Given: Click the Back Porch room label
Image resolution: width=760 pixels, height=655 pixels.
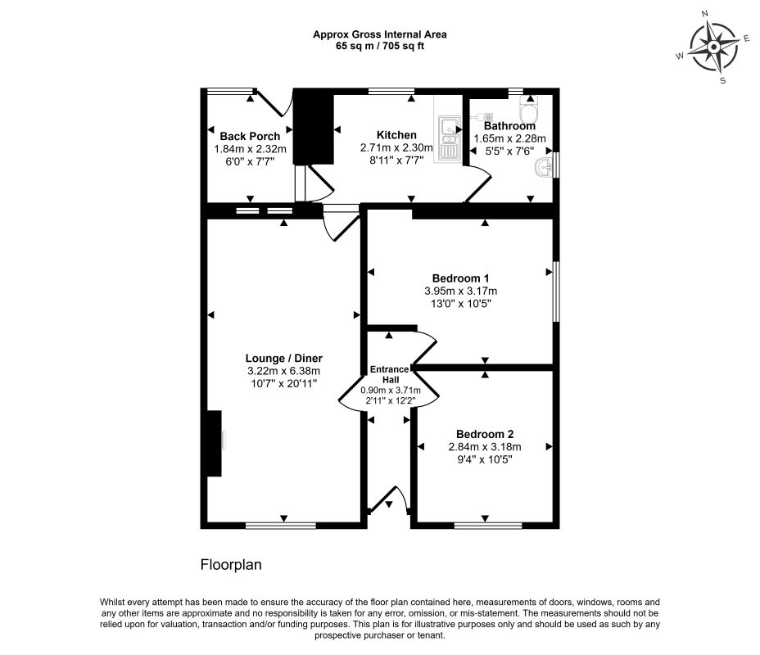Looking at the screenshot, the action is point(250,136).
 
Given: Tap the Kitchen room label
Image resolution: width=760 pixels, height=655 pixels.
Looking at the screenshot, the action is point(396,135).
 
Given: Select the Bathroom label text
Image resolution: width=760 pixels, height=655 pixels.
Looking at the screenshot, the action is point(509,126).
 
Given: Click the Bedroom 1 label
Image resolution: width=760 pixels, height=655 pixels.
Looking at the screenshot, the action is point(460,278).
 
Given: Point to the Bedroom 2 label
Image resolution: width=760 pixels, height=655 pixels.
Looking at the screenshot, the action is point(485,434).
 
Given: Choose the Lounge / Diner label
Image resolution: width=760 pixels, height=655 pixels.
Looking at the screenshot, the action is point(283,359).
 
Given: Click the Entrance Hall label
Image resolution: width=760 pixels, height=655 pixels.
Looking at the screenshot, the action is point(390,374).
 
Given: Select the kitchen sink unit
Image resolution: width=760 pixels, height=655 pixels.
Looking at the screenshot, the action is point(448,138).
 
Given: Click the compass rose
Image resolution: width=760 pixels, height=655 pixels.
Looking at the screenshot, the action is point(713,47).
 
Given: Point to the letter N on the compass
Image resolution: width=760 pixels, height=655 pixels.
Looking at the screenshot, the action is point(705,27).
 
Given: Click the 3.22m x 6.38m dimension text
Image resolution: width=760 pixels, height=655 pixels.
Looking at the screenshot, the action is point(283,371).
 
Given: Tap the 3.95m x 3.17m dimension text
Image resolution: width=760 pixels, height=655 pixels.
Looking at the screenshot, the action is point(460,291).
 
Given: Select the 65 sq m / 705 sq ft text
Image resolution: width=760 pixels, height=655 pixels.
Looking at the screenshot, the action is point(380,47).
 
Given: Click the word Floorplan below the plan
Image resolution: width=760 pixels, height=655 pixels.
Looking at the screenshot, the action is point(231,565).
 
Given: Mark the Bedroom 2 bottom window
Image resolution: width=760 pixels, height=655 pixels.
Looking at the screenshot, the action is point(488,526).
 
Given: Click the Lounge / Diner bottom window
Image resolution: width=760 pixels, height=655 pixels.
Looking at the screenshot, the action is point(281,526).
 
